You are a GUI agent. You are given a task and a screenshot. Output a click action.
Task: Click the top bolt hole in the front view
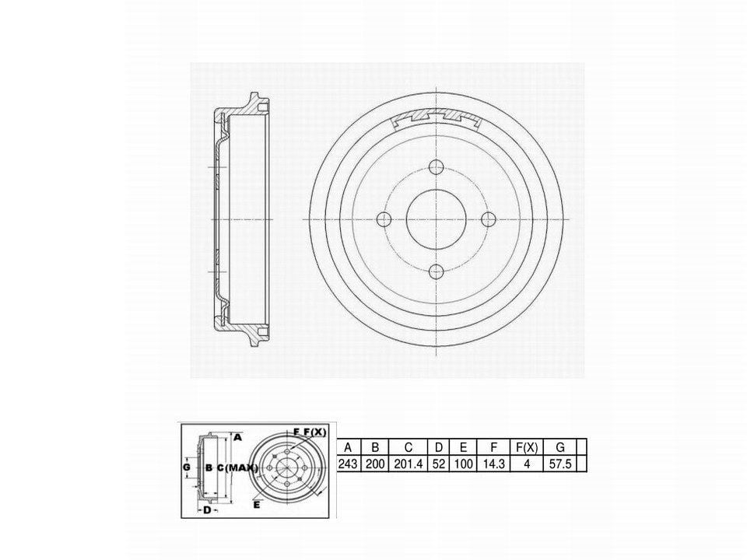tap(437, 167)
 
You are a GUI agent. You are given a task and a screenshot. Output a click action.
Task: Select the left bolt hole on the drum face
tap(384, 219)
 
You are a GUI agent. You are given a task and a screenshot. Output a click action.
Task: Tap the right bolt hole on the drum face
tap(489, 219)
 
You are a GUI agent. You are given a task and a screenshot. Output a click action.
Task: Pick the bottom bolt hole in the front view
tap(437, 272)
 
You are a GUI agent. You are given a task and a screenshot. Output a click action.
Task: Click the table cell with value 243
tap(348, 464)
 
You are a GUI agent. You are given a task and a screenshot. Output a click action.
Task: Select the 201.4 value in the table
tap(409, 464)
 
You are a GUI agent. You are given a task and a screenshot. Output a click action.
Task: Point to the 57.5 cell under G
tap(559, 464)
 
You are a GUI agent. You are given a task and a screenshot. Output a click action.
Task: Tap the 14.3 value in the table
tap(493, 464)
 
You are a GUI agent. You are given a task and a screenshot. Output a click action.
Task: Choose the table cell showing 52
tap(439, 464)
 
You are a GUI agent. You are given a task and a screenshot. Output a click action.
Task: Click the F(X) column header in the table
tap(527, 448)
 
